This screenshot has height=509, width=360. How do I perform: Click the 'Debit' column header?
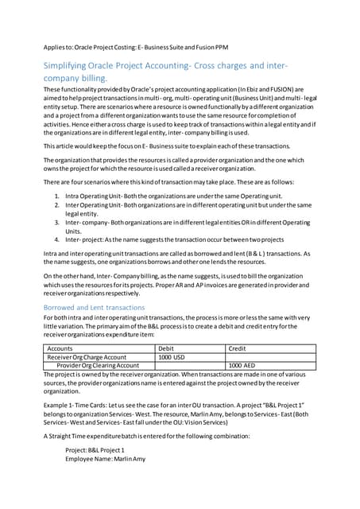pyautogui.click(x=167, y=348)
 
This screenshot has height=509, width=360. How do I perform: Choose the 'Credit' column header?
pyautogui.click(x=238, y=348)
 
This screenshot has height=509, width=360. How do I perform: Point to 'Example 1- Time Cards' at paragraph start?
pyautogui.click(x=78, y=405)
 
